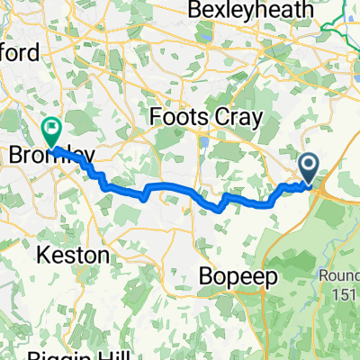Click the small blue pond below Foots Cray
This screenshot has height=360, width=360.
coord(206,141)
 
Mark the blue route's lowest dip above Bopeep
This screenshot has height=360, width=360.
coord(218,210)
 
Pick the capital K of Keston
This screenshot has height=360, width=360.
coord(41,256)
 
